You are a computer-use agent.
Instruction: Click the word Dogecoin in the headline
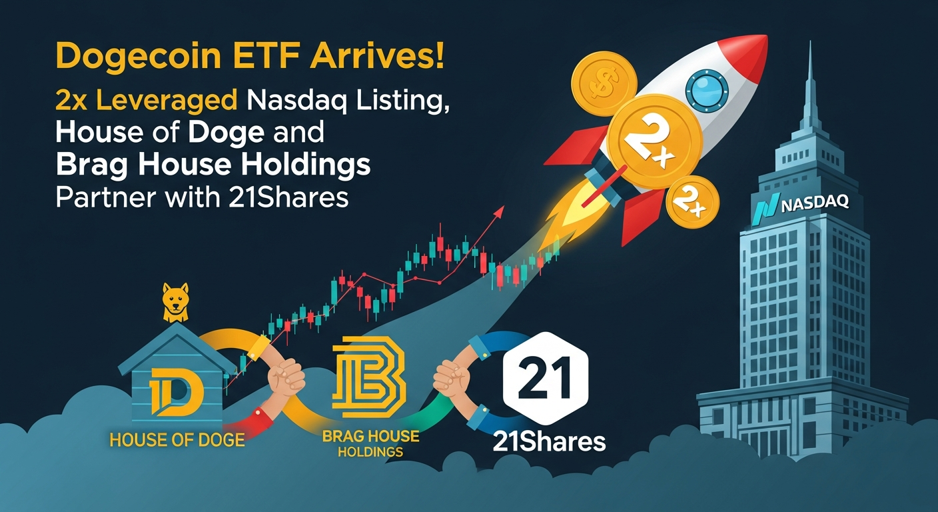[x=139, y=58]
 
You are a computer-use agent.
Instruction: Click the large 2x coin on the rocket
[x=654, y=141]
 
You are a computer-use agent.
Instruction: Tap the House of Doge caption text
[x=177, y=440]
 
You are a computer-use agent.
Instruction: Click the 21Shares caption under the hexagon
[x=549, y=441]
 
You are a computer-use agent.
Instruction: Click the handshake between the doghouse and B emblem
[x=286, y=377]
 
